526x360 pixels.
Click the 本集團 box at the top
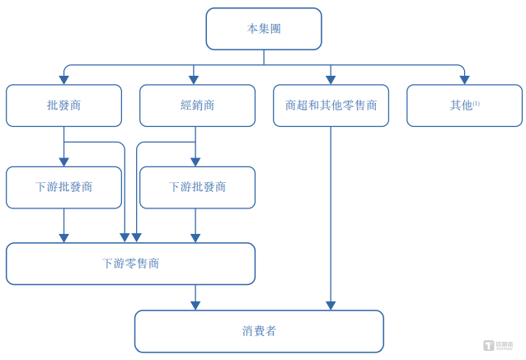click(263, 29)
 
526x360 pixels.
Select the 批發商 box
click(63, 105)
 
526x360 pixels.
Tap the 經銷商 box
click(197, 105)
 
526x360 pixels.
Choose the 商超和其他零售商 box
click(331, 105)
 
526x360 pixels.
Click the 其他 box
click(464, 105)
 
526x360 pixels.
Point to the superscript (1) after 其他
click(477, 102)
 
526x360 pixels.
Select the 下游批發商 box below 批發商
click(63, 187)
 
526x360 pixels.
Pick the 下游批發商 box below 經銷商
click(197, 187)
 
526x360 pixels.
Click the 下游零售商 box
click(130, 264)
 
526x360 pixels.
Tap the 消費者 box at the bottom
click(259, 331)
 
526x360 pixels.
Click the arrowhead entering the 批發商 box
click(63, 80)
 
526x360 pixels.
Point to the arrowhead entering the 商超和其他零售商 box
click(331, 80)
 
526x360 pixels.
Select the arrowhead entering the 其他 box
click(464, 80)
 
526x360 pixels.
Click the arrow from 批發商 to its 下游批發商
click(63, 148)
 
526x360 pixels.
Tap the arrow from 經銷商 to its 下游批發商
click(195, 148)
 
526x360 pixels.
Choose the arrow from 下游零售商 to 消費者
click(195, 297)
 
